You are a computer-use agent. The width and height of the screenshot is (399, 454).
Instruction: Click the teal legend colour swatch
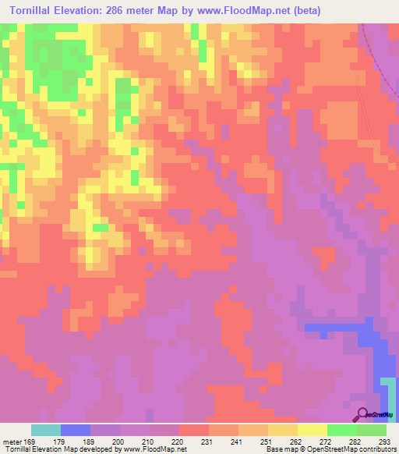pos(46,430)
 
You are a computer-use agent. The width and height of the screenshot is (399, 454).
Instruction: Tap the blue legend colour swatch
pos(76,430)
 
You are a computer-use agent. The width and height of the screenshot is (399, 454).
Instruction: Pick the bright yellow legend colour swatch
pos(312,430)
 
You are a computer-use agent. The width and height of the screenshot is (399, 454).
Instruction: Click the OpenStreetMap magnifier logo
pos(363,415)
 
